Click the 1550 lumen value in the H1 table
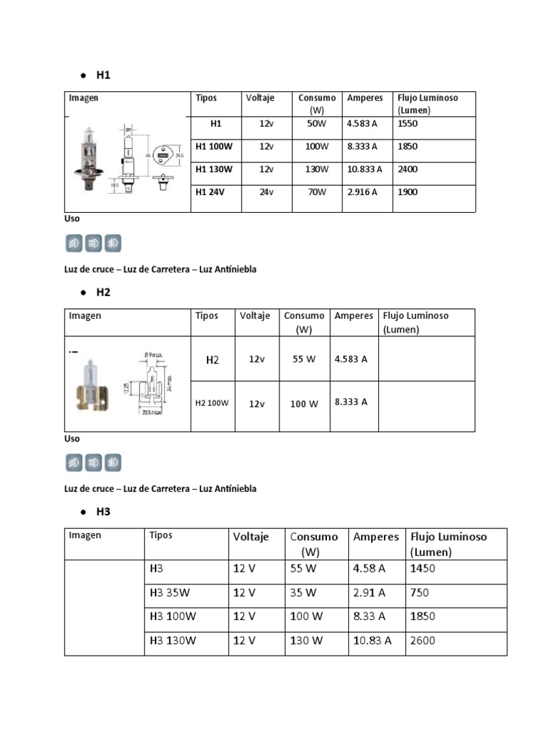[408, 124]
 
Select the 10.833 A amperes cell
[365, 169]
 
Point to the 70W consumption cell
[317, 192]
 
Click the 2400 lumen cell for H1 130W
[408, 169]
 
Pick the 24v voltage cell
[267, 192]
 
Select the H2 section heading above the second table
[103, 293]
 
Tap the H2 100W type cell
[212, 403]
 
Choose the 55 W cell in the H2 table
[304, 360]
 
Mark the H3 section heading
[103, 512]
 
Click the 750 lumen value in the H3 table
[420, 593]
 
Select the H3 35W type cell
[170, 593]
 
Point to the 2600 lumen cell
[423, 641]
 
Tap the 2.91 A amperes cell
[369, 593]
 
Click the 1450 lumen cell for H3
[423, 569]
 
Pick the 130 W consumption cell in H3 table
[306, 641]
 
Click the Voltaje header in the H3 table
[251, 537]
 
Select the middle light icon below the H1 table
[93, 243]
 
